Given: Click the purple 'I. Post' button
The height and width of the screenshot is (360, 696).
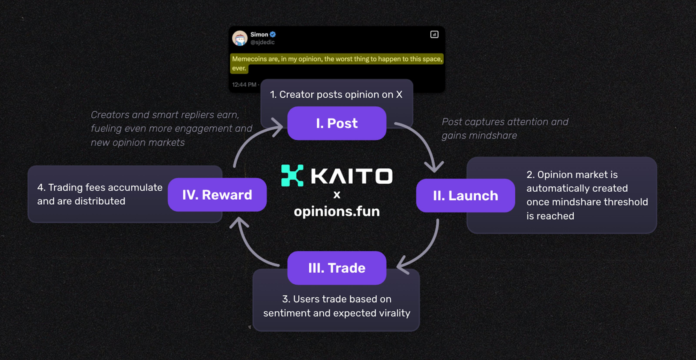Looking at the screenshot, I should pyautogui.click(x=337, y=124).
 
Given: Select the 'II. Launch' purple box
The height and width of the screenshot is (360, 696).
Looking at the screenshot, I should pyautogui.click(x=465, y=196).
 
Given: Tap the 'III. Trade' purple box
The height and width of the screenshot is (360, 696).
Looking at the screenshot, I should pyautogui.click(x=337, y=268).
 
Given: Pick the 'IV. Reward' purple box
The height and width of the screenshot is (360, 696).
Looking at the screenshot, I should pyautogui.click(x=217, y=195).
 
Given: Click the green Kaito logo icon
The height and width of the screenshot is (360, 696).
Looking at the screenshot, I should pyautogui.click(x=292, y=175).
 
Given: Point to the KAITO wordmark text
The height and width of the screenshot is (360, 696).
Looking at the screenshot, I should pyautogui.click(x=352, y=176).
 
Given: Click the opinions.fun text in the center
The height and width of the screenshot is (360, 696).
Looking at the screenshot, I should pyautogui.click(x=337, y=211).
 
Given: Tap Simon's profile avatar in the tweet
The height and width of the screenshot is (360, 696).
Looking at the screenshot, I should pyautogui.click(x=240, y=38).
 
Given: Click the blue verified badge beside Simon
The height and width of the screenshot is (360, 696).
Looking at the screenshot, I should pyautogui.click(x=273, y=35).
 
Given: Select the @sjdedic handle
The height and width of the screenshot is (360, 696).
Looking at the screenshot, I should pyautogui.click(x=263, y=42).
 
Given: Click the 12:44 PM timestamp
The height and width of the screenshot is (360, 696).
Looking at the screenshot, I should pyautogui.click(x=244, y=85).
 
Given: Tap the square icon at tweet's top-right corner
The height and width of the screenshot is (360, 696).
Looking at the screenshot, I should pyautogui.click(x=434, y=35).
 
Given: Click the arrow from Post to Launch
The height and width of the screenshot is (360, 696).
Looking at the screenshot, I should pyautogui.click(x=423, y=143).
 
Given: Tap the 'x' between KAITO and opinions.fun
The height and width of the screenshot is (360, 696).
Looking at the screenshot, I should pyautogui.click(x=337, y=195).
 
